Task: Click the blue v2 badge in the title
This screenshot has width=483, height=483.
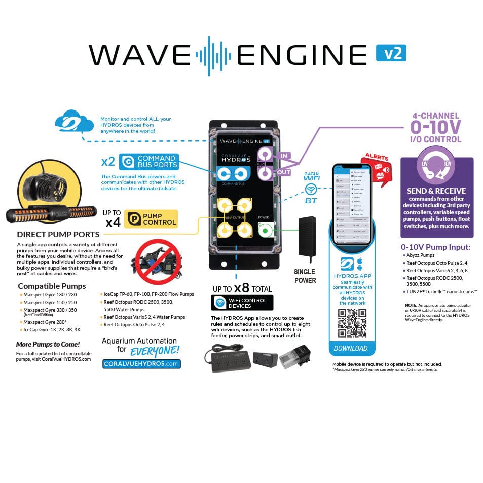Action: click(x=391, y=53)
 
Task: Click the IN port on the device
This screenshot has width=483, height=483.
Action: click(x=265, y=155)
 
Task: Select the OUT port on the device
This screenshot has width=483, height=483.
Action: click(x=265, y=174)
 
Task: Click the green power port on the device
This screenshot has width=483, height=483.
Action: click(x=264, y=231)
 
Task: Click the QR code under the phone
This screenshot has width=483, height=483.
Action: click(x=352, y=323)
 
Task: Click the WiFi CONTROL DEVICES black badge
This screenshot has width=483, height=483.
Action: click(x=242, y=303)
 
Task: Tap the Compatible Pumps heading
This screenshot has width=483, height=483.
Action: click(x=52, y=286)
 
